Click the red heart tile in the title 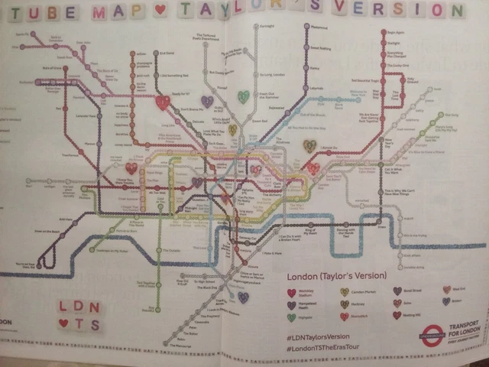point(160,11)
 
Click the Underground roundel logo point(432,333)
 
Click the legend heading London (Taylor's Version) point(336,275)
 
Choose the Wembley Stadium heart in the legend point(291,292)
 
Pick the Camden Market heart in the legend point(344,292)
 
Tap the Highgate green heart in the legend point(291,317)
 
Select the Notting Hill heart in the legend point(397,315)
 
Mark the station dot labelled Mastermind point(306,26)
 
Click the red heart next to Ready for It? point(163,102)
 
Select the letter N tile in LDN point(95,307)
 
